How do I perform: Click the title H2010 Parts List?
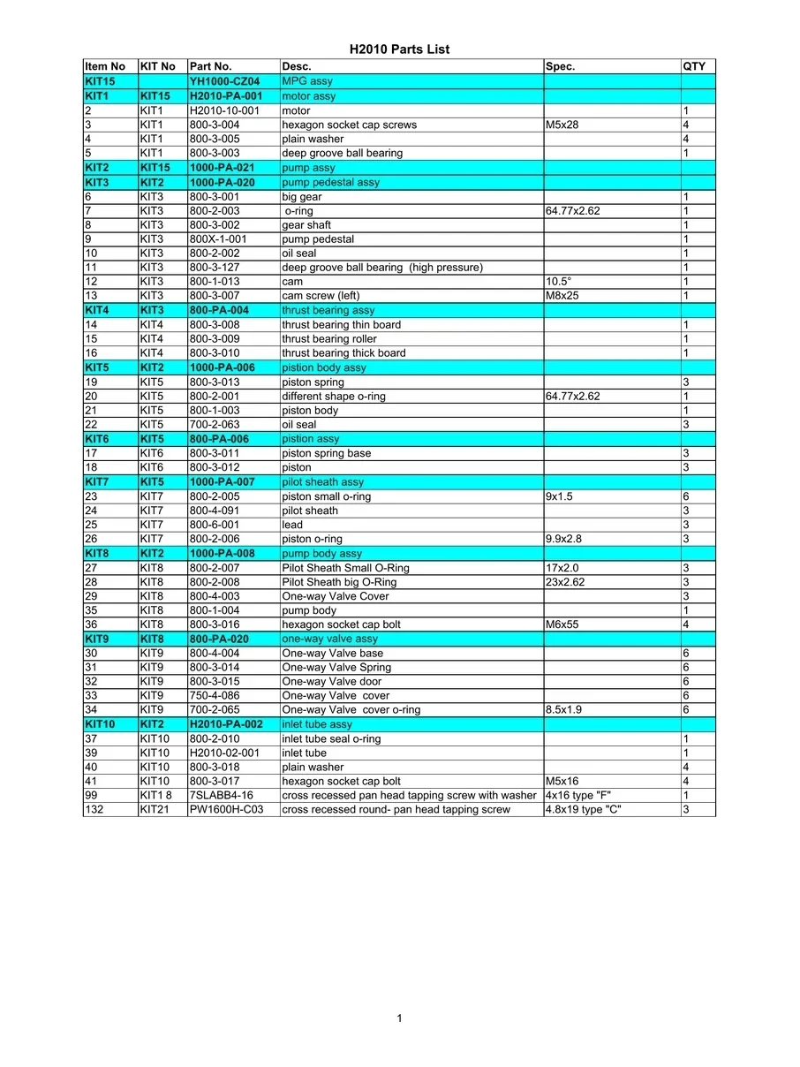399,49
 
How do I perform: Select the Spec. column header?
561,66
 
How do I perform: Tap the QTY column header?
693,66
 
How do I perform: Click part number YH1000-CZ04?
224,81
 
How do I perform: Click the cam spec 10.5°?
559,282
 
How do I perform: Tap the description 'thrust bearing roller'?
328,339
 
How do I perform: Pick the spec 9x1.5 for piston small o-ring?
560,496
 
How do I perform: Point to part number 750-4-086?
215,695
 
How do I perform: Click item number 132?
94,810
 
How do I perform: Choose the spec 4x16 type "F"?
578,796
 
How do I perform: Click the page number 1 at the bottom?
399,1018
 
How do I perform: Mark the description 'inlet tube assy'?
317,724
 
